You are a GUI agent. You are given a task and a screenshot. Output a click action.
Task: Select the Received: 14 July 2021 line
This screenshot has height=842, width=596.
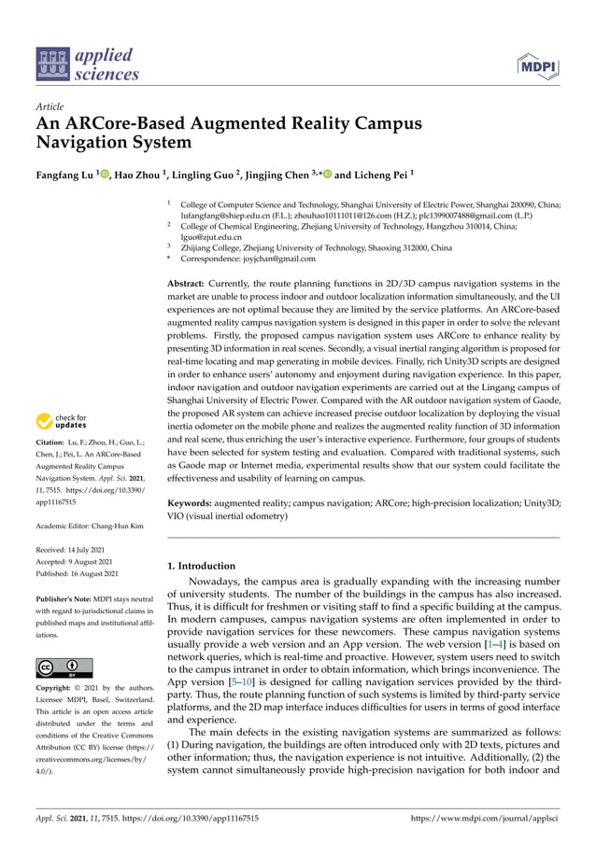(x=74, y=553)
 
